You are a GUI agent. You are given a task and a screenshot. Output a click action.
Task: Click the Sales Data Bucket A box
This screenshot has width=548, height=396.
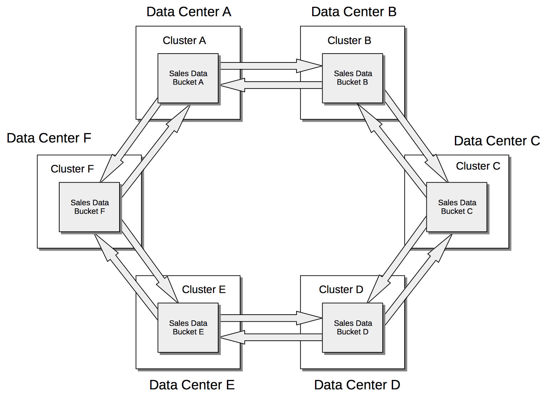[188, 78]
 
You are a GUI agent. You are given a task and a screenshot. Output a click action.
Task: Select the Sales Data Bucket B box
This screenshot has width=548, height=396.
[352, 78]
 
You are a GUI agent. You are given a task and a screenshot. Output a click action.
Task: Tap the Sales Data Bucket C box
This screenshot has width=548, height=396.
[457, 207]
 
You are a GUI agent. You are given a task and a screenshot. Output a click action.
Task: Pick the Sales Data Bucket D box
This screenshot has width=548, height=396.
[352, 328]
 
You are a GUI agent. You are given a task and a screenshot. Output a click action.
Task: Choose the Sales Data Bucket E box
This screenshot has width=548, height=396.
[188, 328]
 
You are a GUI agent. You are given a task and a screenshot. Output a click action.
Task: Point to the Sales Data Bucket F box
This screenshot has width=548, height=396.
[89, 207]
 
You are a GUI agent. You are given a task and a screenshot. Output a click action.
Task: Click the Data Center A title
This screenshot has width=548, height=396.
[189, 12]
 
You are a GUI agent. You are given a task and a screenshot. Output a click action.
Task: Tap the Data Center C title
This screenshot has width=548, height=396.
[497, 141]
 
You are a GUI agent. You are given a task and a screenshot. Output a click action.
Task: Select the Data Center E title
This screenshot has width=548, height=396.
[192, 385]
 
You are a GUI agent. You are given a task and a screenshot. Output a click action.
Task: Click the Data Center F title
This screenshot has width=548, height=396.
[49, 138]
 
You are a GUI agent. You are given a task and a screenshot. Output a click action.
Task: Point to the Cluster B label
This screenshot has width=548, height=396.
[349, 41]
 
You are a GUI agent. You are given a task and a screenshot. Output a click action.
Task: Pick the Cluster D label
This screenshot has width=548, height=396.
[341, 289]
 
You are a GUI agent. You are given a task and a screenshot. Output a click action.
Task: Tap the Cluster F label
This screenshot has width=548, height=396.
[72, 169]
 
